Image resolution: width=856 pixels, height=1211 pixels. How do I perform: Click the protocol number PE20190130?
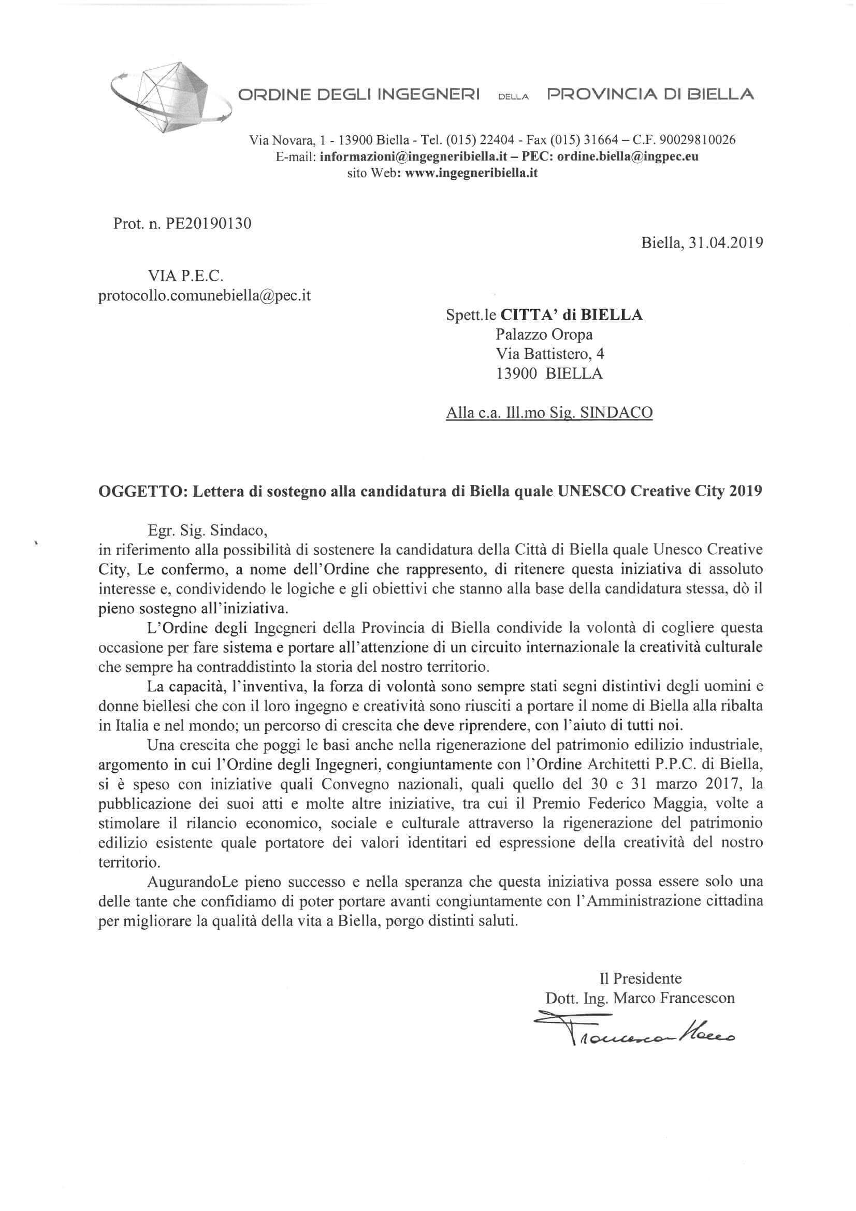coord(208,224)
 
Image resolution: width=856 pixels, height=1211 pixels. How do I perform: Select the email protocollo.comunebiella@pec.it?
coord(204,295)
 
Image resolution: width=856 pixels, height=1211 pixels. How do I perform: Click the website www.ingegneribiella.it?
coord(471,172)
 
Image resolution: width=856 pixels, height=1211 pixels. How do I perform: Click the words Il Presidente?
coord(640,979)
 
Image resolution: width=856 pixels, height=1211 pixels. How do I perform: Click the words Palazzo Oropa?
coord(544,335)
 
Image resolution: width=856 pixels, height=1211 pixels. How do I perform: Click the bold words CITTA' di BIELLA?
coord(571,315)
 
